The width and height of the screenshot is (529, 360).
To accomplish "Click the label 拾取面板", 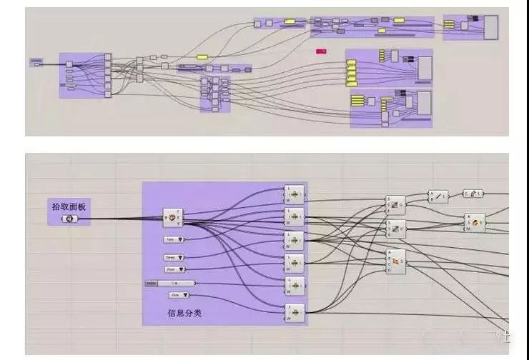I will click(x=69, y=206).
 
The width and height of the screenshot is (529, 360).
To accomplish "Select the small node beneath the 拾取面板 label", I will click(x=69, y=218).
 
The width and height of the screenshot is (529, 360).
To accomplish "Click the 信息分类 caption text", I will click(x=185, y=312).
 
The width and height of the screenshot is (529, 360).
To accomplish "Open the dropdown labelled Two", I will click(x=174, y=239).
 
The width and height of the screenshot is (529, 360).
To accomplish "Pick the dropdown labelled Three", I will click(x=174, y=257).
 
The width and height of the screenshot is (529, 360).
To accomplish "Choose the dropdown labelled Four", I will click(x=174, y=269).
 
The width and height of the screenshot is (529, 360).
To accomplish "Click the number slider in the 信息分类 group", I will click(x=170, y=283).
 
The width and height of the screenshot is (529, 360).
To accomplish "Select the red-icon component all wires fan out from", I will click(x=172, y=216).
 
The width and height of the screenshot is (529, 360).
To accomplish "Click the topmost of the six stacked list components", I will click(x=294, y=193).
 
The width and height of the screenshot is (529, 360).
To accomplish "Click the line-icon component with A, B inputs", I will click(x=437, y=195).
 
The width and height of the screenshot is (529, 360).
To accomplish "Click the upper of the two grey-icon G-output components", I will click(x=395, y=204).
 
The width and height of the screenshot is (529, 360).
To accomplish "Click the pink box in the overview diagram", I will click(x=321, y=51).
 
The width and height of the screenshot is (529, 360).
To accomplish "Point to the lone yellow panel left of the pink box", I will click(x=202, y=57).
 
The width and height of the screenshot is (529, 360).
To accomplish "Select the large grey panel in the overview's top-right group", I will click(x=492, y=27).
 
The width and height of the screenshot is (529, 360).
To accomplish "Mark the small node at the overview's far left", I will click(x=36, y=62).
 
